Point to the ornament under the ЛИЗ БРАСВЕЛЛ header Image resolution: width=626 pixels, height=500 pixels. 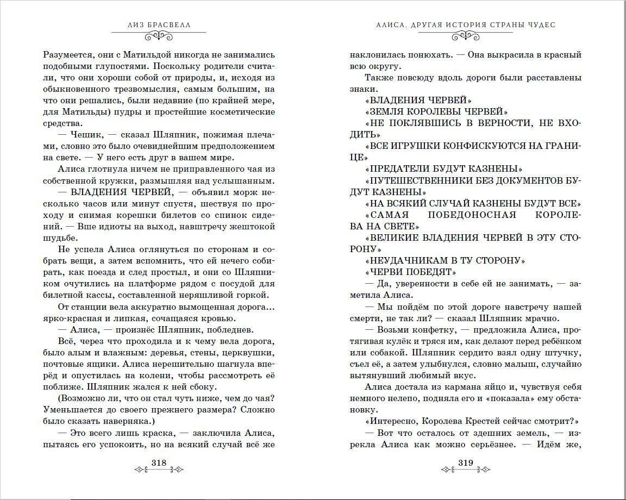(159, 36)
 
